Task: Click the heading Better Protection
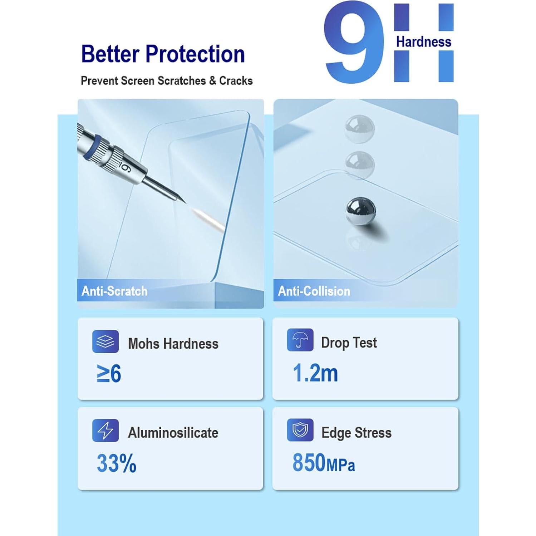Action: pyautogui.click(x=163, y=54)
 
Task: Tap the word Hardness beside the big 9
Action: pyautogui.click(x=423, y=42)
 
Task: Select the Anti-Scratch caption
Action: pyautogui.click(x=114, y=291)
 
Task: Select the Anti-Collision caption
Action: pyautogui.click(x=314, y=291)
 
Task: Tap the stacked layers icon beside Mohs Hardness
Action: pyautogui.click(x=105, y=341)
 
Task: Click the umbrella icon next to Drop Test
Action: pyautogui.click(x=300, y=340)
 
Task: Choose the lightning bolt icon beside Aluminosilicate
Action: pyautogui.click(x=105, y=431)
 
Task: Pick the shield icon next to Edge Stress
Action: pyautogui.click(x=300, y=430)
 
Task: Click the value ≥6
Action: pyautogui.click(x=109, y=374)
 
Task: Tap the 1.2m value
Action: pyautogui.click(x=315, y=373)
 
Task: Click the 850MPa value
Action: pyautogui.click(x=324, y=463)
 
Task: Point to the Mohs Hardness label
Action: pyautogui.click(x=173, y=344)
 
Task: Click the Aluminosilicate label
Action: pyautogui.click(x=173, y=433)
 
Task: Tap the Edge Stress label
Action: pyautogui.click(x=356, y=433)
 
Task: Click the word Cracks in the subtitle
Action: pyautogui.click(x=236, y=81)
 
